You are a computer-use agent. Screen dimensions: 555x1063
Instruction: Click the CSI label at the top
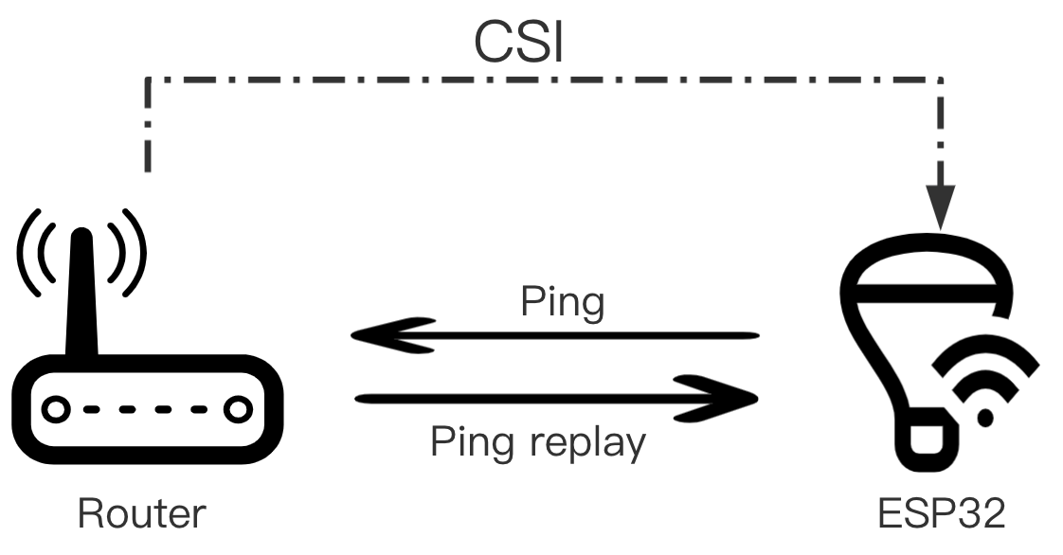518,43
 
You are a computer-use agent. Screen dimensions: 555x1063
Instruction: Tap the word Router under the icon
141,513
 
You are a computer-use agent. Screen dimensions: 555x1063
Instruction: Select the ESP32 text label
940,513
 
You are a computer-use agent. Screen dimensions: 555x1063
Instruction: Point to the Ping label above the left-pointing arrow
562,302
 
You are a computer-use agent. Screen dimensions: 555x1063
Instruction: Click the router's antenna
81,294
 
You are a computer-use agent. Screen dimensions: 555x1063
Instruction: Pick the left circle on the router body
56,409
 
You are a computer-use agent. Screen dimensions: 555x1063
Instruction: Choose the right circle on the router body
233,409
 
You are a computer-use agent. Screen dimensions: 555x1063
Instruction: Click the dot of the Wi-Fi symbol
986,417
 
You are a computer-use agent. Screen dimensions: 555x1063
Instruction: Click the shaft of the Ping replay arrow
531,398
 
